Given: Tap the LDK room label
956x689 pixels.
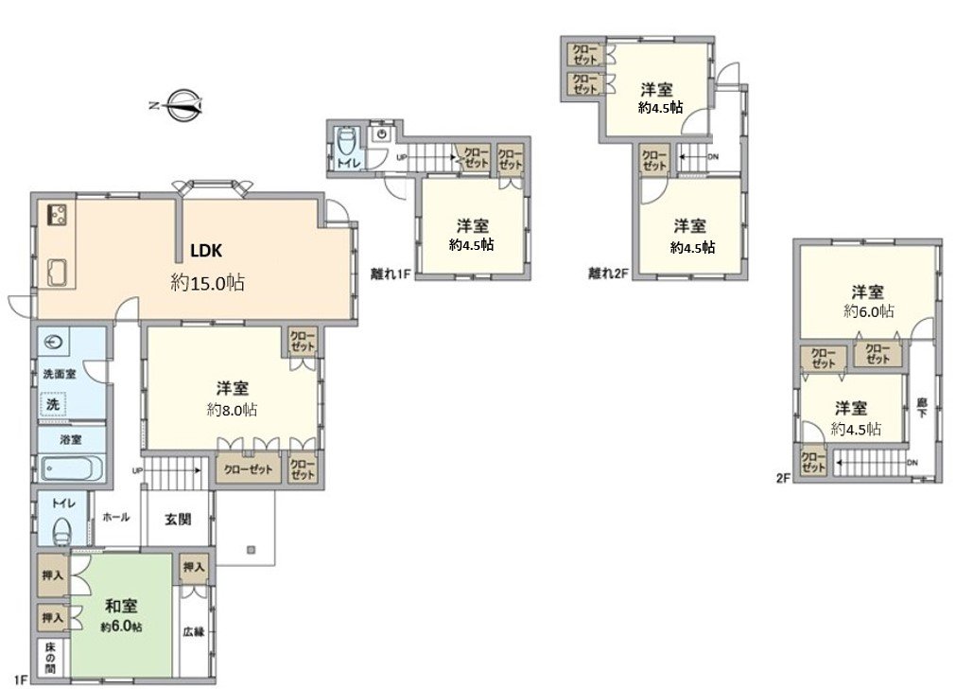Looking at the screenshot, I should pyautogui.click(x=206, y=251).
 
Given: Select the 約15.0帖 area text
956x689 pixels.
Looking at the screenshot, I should pyautogui.click(x=208, y=281).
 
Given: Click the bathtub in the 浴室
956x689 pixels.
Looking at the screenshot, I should pyautogui.click(x=72, y=468).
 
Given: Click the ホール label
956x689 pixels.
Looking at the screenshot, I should pyautogui.click(x=115, y=518).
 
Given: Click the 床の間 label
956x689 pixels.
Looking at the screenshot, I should pyautogui.click(x=51, y=659).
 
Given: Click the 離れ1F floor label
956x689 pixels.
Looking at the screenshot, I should pyautogui.click(x=390, y=274).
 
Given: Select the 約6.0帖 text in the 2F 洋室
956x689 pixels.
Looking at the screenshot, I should pyautogui.click(x=869, y=310).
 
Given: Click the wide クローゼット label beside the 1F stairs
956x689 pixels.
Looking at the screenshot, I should pyautogui.click(x=248, y=469).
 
